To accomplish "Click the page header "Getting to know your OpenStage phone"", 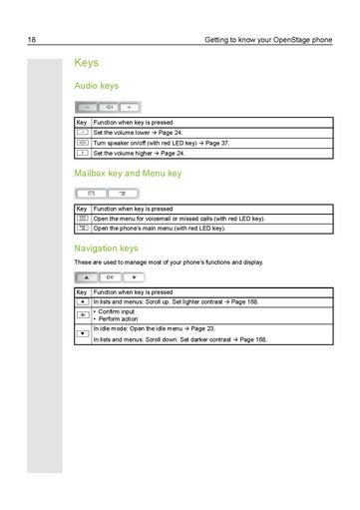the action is coord(267,39).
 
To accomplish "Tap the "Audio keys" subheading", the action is coord(98,87).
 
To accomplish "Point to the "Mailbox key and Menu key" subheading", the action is coord(128,173).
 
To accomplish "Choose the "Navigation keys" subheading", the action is coord(106,248).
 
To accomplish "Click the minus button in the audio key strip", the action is coord(88,106).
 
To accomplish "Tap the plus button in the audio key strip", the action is coord(130,106).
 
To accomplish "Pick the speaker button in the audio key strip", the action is coord(109,106).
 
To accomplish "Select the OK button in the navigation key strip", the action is coord(111,275).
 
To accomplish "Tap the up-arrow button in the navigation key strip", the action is coord(88,275).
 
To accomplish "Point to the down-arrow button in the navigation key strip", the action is coord(133,275).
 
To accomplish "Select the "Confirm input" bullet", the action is coord(117,308).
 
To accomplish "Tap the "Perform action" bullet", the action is coord(119,316).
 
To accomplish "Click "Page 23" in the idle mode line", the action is coord(213,328).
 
